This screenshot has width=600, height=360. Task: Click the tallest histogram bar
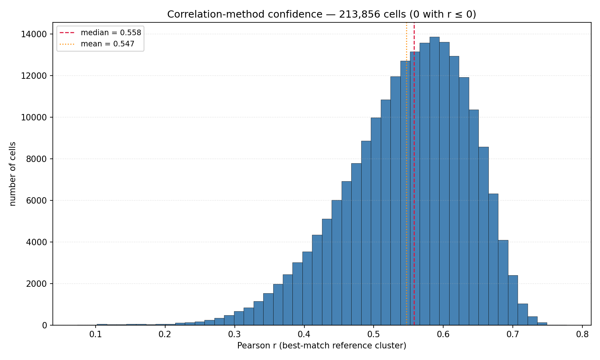tap(434, 181)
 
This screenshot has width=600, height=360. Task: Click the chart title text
tap(322, 14)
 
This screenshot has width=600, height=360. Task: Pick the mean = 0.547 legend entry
tap(97, 44)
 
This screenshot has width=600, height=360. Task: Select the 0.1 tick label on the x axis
tap(95, 335)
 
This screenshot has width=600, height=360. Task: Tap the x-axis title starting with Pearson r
tap(322, 346)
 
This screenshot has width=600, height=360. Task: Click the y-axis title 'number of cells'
tap(12, 174)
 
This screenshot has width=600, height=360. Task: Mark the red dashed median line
tap(414, 174)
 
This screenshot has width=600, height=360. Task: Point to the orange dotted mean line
tap(407, 174)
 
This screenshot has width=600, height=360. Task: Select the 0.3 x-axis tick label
tap(235, 335)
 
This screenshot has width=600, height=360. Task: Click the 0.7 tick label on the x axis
tap(513, 335)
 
